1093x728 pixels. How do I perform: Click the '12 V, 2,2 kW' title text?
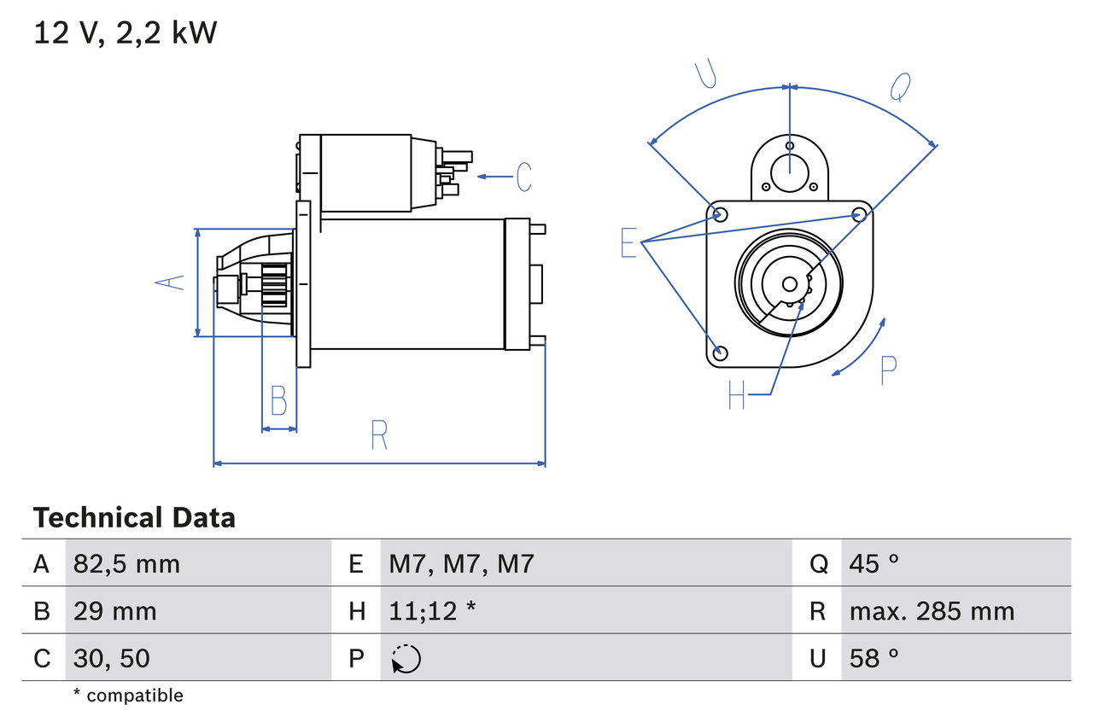(126, 32)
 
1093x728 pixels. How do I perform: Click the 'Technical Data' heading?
(134, 517)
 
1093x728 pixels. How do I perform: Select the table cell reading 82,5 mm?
(126, 563)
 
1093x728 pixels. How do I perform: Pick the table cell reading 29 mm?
(114, 611)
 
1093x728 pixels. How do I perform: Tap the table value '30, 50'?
(112, 658)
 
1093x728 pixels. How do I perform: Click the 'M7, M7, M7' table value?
(461, 563)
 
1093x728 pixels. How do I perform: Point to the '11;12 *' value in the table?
(432, 611)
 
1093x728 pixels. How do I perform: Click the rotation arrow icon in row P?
(406, 659)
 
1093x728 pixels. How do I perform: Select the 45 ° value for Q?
(874, 563)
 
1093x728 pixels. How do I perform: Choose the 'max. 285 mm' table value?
(932, 611)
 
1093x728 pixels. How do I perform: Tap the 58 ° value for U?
(874, 658)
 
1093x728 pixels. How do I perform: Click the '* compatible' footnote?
(128, 696)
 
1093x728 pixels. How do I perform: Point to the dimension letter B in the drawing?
(278, 400)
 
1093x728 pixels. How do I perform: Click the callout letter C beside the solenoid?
(523, 177)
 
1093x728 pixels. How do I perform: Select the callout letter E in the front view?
(628, 243)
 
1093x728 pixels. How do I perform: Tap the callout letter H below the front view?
(737, 394)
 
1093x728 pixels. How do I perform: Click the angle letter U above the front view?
(705, 74)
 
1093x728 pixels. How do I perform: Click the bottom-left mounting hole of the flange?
(720, 352)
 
